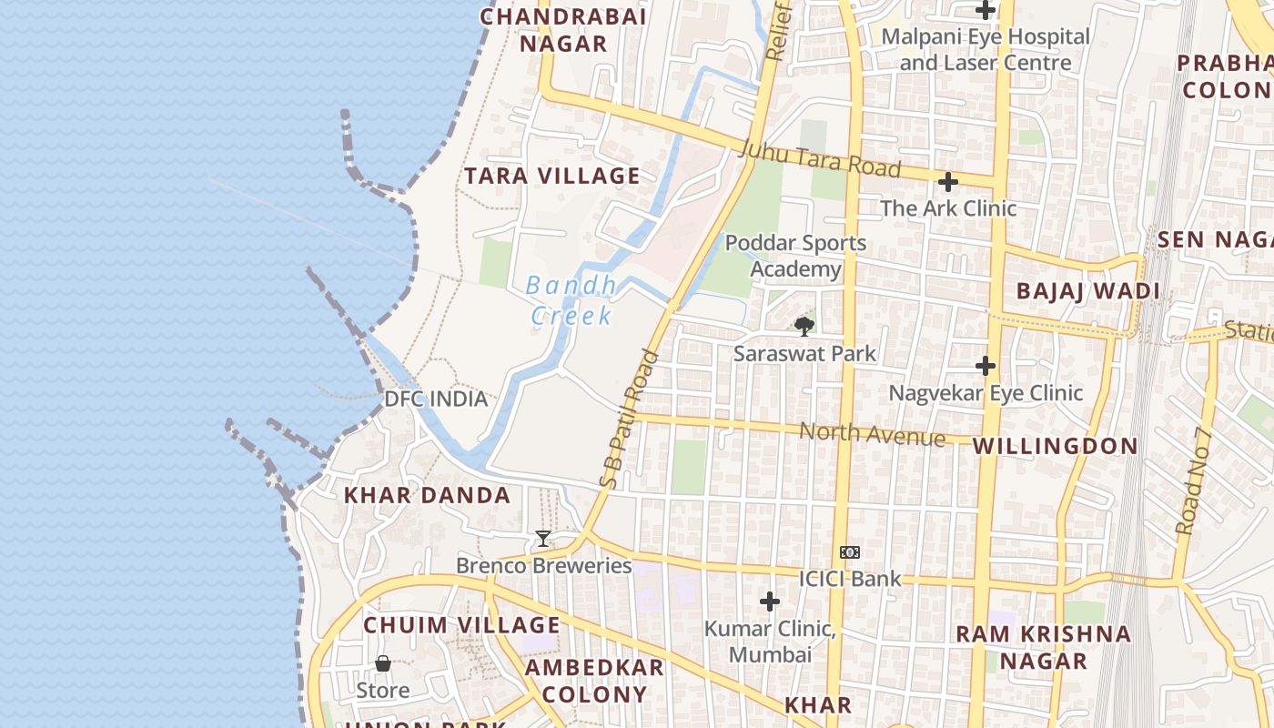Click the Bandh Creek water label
click(x=571, y=300)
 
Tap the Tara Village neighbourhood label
click(x=552, y=176)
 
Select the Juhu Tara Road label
click(x=821, y=158)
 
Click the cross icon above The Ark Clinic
click(x=948, y=182)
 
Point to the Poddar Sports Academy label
click(x=795, y=257)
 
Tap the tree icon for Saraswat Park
click(x=804, y=326)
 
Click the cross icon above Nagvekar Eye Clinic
click(x=986, y=366)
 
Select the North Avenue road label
click(x=872, y=433)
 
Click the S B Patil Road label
click(x=629, y=419)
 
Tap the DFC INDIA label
click(x=436, y=399)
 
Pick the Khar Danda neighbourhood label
click(x=427, y=496)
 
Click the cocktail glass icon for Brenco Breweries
click(x=543, y=539)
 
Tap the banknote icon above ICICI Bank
click(x=850, y=552)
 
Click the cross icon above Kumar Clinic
click(x=770, y=602)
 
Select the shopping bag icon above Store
click(x=383, y=663)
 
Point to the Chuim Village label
click(x=461, y=625)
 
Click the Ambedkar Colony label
click(x=594, y=681)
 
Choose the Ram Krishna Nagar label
click(x=1043, y=647)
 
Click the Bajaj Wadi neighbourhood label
click(x=1087, y=291)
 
